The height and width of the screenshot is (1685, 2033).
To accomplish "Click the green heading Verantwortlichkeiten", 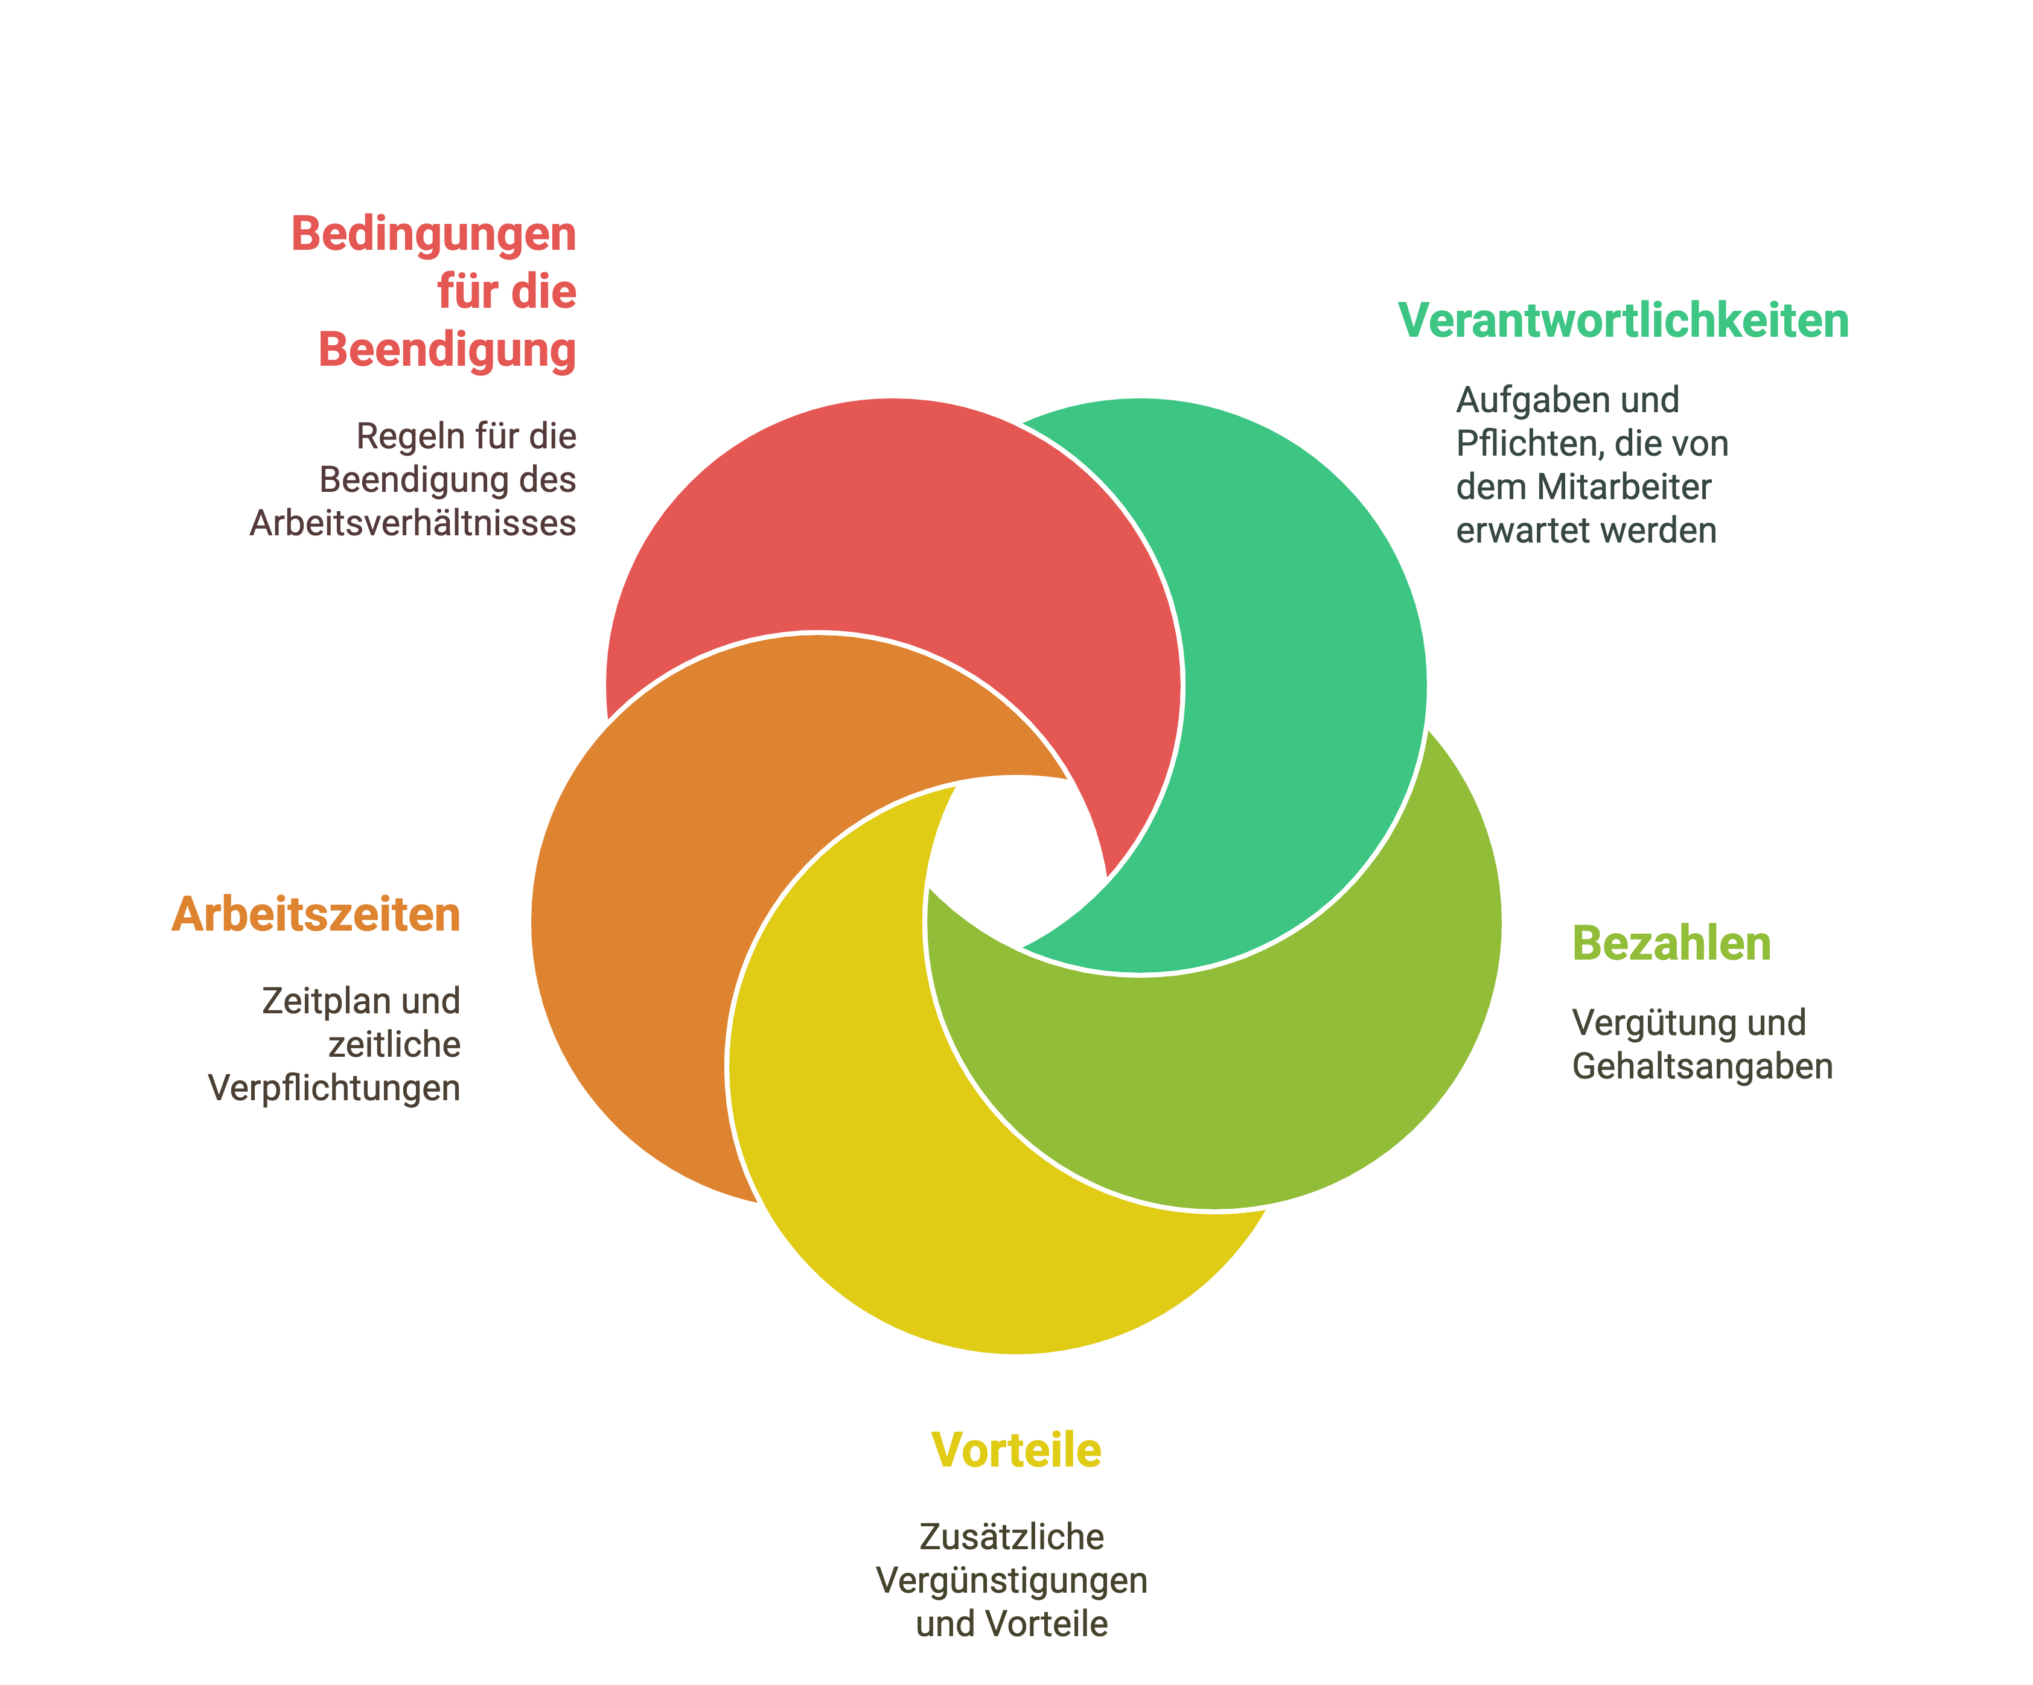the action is (x=1624, y=320).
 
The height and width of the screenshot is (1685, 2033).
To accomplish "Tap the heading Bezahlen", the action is (x=1672, y=944).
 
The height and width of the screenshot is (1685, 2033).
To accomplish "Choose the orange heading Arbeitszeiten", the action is (x=316, y=914).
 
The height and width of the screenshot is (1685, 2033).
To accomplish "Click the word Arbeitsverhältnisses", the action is (x=413, y=523).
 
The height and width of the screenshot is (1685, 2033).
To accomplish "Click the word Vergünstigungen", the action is (x=1012, y=1581).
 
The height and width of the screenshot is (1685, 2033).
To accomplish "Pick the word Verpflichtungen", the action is (x=334, y=1089).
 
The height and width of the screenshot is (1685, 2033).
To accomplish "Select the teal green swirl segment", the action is (x=1297, y=678).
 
